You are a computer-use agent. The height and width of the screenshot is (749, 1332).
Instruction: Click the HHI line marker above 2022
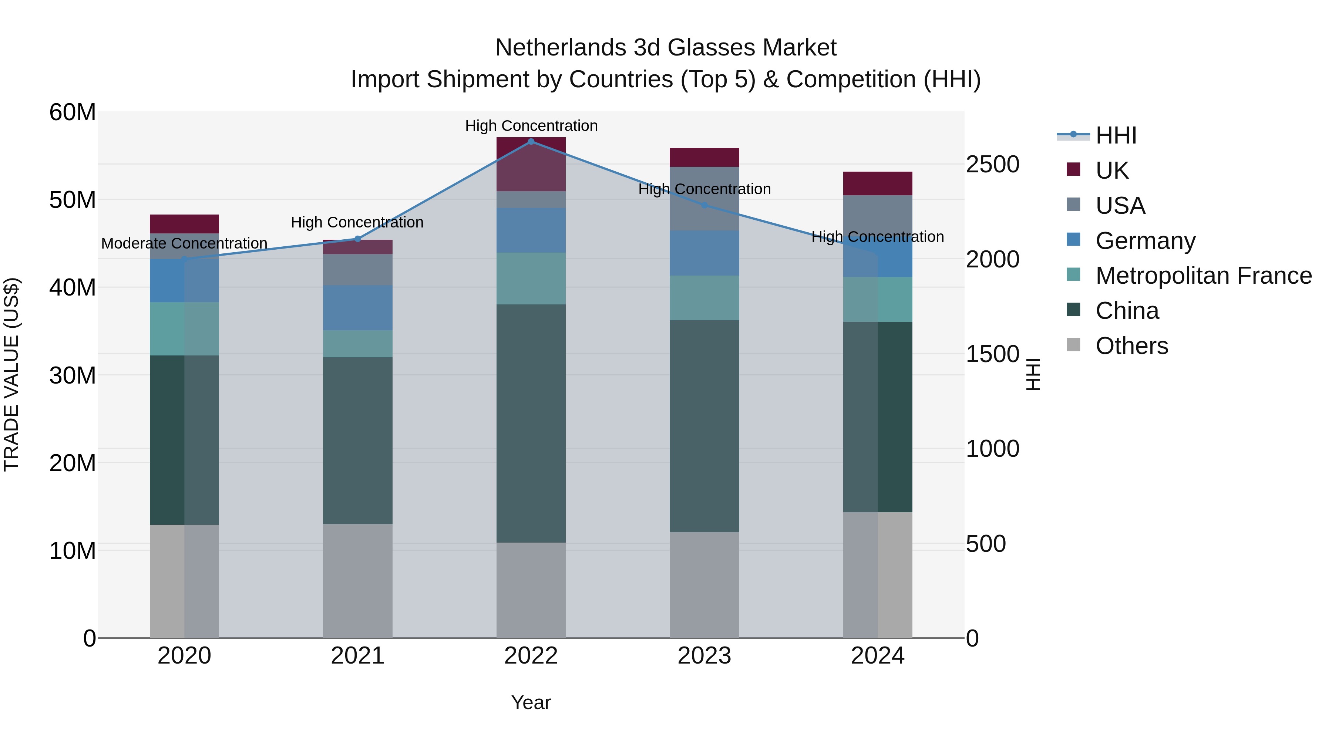531,141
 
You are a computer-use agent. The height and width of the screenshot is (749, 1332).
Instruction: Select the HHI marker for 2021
357,239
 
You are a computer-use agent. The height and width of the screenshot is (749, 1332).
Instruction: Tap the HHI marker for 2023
704,205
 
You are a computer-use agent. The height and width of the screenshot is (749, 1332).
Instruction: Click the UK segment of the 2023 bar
704,157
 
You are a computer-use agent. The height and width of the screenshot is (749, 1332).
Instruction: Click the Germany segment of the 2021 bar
357,308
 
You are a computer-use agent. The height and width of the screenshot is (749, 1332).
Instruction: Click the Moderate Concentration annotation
184,243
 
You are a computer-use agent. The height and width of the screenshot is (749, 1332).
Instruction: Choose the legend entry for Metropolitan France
1203,276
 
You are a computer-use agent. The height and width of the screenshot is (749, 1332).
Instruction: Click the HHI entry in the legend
1115,135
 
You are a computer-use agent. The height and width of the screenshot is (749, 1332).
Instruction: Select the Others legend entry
1131,346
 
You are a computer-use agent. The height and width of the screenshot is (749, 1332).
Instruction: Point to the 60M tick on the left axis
73,112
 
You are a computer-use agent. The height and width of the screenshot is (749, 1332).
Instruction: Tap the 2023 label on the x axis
704,656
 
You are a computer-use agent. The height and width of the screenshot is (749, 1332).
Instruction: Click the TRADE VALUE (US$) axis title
11,374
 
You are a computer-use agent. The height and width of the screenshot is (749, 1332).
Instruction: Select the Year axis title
531,702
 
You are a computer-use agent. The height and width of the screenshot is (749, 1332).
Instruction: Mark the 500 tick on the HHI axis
986,544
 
